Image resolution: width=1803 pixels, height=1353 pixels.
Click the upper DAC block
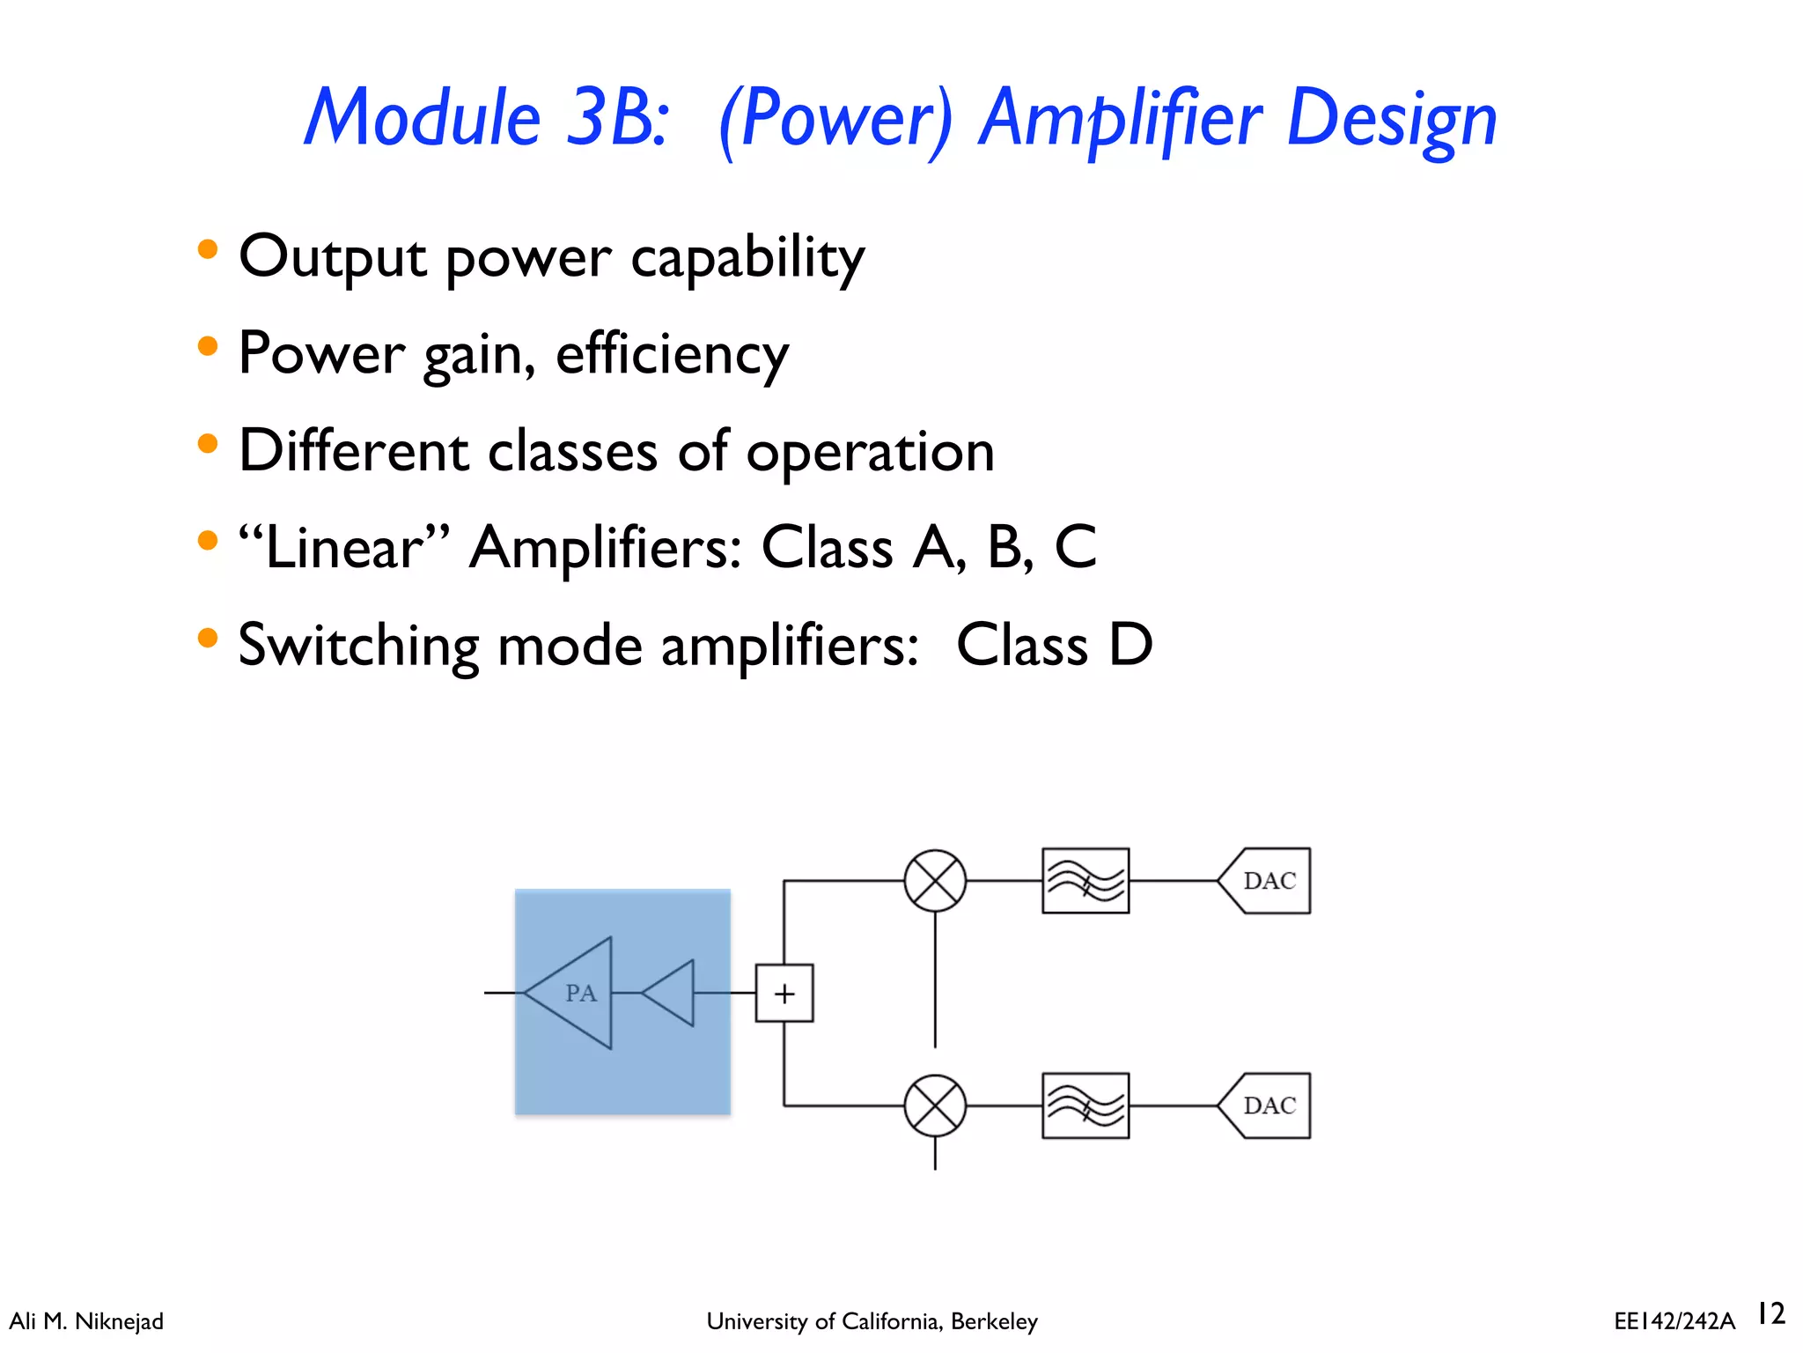(x=1268, y=880)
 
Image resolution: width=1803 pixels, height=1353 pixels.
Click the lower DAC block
(x=1268, y=1105)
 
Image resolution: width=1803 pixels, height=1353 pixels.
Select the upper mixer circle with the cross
(x=935, y=880)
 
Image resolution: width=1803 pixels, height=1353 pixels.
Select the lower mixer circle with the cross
(x=935, y=1105)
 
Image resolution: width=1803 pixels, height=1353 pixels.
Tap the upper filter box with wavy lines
(x=1085, y=880)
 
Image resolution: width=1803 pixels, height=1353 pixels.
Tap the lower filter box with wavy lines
(x=1085, y=1105)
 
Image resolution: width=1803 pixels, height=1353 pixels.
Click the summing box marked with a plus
(x=784, y=993)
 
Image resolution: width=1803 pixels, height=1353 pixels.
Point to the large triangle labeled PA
(x=577, y=993)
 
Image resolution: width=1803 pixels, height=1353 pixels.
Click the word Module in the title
(x=423, y=119)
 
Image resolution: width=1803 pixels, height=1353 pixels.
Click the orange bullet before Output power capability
(x=208, y=249)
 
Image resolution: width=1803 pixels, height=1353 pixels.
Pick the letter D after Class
(x=1130, y=645)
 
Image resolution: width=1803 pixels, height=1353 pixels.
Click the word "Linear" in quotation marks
(x=344, y=548)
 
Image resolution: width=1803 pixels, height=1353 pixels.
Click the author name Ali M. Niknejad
(x=86, y=1321)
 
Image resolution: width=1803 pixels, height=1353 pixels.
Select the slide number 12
(x=1770, y=1313)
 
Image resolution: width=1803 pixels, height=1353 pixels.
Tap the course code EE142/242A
(x=1674, y=1321)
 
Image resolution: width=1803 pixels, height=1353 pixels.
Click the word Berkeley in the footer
(x=994, y=1321)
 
